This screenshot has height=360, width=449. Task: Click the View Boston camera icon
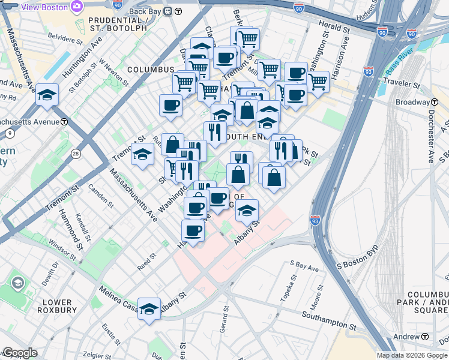[x=76, y=7]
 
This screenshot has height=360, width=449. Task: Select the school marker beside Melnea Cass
[x=149, y=309]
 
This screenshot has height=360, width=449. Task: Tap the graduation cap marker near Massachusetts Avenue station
[x=47, y=95]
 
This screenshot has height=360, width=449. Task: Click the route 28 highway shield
[x=76, y=154]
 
